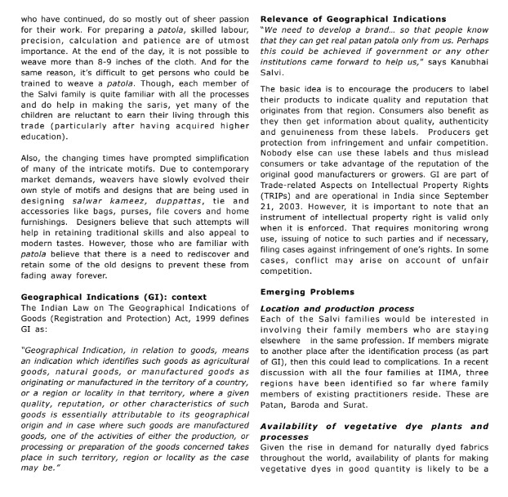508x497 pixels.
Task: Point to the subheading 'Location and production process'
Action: (x=336, y=308)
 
